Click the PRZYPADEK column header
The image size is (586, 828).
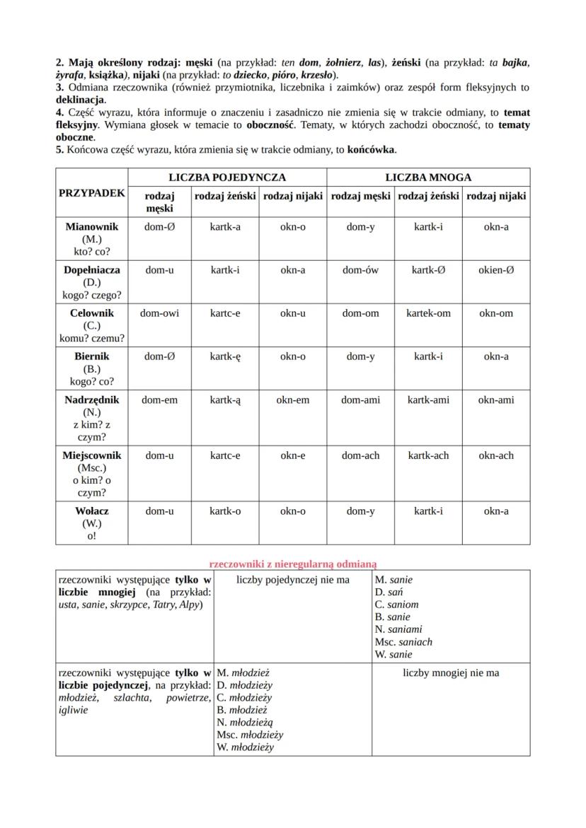92,192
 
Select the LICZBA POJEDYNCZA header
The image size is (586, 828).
227,177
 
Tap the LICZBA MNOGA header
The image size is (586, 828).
428,177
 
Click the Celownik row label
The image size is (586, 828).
92,313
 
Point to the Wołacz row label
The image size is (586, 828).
92,511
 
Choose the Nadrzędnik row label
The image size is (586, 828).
92,400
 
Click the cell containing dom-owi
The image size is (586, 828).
159,313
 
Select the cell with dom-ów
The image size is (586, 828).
360,269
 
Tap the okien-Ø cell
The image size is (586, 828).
495,269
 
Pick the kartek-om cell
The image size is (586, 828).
428,313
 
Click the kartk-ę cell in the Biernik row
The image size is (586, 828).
225,356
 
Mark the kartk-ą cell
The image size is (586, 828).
225,400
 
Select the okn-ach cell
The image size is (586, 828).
495,455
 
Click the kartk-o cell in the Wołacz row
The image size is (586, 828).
225,511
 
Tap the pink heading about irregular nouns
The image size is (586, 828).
293,564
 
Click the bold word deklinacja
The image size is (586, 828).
80,100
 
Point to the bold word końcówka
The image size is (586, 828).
372,150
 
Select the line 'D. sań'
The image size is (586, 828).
389,592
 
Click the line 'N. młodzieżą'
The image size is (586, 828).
245,722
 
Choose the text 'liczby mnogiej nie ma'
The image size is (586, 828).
451,672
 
